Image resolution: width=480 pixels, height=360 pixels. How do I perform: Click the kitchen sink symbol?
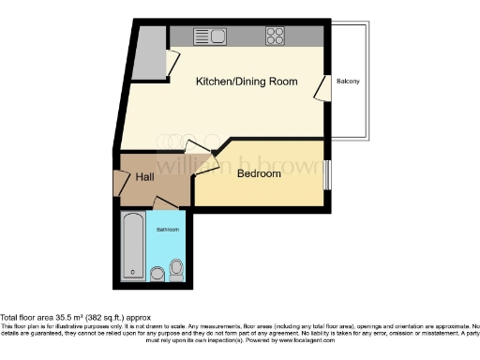point(207,37)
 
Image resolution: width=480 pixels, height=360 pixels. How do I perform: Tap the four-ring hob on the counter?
point(276,37)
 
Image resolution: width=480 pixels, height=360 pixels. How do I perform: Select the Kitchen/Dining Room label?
point(247,82)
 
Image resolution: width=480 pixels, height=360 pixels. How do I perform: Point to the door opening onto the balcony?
point(321,88)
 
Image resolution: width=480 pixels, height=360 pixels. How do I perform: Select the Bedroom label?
point(259,173)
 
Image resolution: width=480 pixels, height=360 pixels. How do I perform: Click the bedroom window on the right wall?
point(326,175)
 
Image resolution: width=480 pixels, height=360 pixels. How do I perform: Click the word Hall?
point(145,176)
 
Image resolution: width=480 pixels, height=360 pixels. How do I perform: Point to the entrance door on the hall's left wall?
point(119,183)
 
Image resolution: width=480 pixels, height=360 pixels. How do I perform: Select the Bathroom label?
point(168,229)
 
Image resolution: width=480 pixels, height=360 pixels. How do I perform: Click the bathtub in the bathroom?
point(132,246)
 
